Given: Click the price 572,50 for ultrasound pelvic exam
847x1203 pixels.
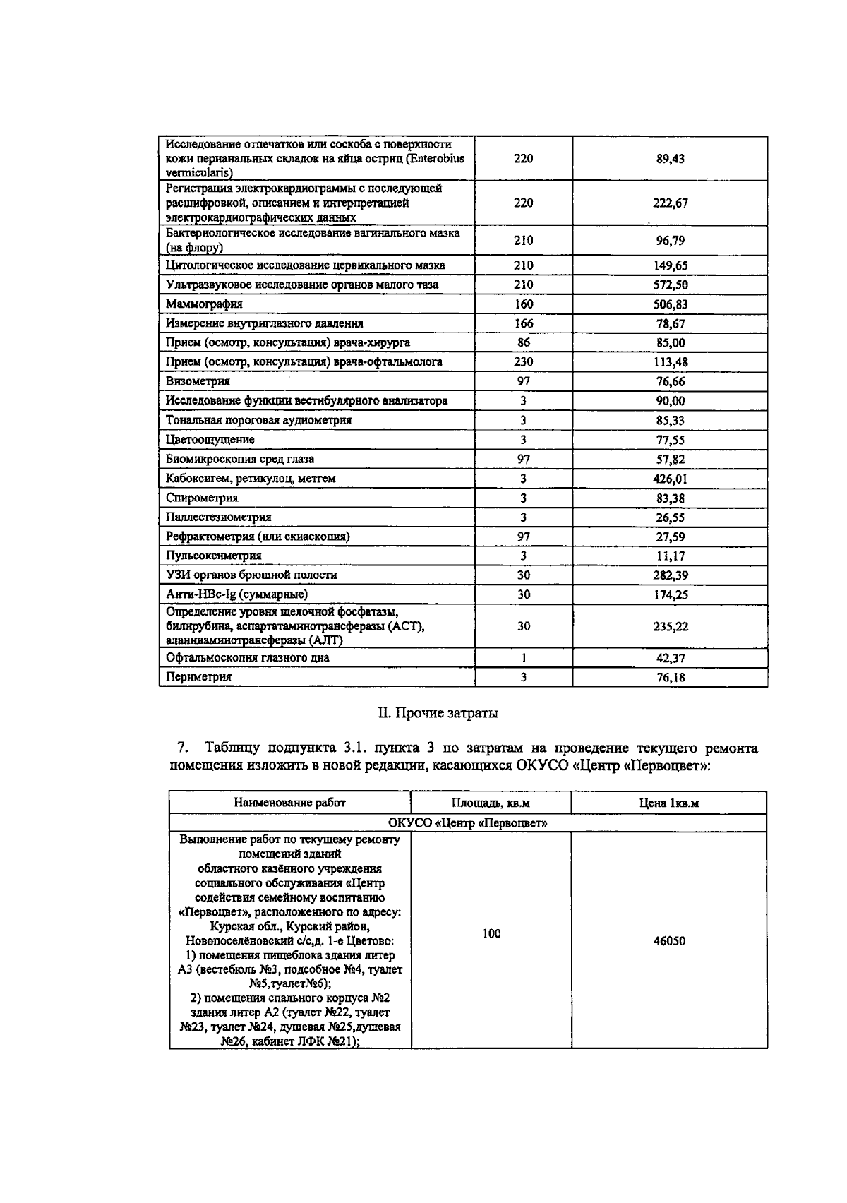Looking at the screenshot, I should tap(670, 285).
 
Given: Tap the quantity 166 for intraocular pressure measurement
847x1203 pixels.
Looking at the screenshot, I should tap(523, 323).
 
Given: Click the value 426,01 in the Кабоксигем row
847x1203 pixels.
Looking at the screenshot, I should tap(670, 479).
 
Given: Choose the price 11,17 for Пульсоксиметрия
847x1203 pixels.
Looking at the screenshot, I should tap(670, 556).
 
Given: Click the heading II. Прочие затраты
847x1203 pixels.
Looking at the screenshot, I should tap(438, 713).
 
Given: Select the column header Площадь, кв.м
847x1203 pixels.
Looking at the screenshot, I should tap(491, 803).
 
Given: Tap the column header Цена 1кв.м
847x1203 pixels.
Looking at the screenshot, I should tap(668, 803).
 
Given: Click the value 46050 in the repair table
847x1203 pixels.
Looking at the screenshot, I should tap(668, 941).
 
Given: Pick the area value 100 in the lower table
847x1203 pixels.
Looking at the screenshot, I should tap(491, 933).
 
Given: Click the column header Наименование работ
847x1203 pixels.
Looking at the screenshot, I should tap(289, 803).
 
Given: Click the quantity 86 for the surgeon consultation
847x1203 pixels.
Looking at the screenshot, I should tap(523, 342).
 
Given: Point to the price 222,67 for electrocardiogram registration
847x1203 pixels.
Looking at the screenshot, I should tap(670, 203).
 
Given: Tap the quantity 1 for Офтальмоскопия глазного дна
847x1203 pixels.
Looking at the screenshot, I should tap(523, 658).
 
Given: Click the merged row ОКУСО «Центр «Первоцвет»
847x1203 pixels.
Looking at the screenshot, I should tap(467, 823).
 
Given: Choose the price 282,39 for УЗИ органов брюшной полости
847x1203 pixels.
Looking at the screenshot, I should tap(670, 575).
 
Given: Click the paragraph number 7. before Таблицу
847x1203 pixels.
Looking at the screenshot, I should tap(181, 748).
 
